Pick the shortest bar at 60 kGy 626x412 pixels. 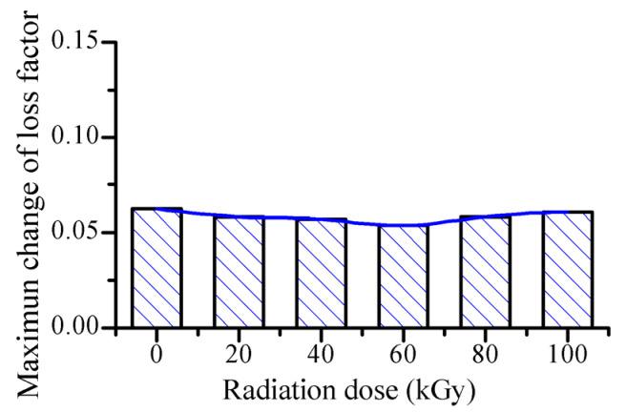click(403, 277)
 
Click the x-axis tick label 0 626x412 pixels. click(156, 352)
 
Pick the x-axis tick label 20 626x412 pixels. click(239, 352)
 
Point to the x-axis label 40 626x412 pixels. click(321, 352)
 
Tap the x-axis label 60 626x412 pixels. click(403, 352)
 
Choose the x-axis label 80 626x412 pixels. click(485, 352)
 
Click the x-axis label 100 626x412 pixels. click(568, 352)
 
